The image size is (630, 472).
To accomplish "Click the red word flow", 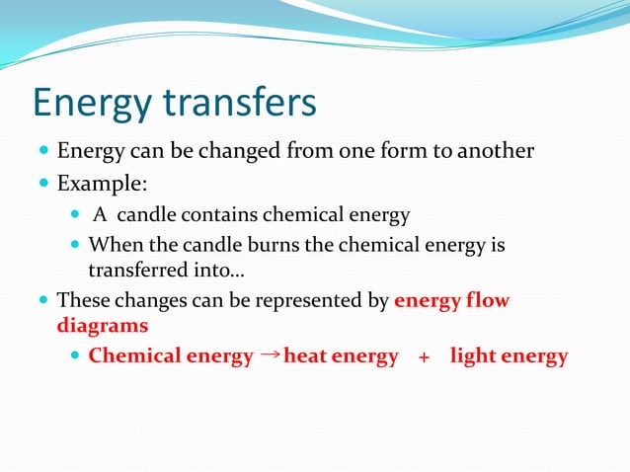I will coord(488,301).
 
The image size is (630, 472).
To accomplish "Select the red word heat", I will coord(305,356).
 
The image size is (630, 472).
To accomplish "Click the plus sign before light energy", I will coord(424,357).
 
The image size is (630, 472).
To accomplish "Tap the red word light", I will coord(472,356).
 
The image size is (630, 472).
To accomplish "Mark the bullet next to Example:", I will coord(42,184).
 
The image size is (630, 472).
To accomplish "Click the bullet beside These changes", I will coord(42,301).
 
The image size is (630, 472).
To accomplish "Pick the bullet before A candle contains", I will coord(77,215).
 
